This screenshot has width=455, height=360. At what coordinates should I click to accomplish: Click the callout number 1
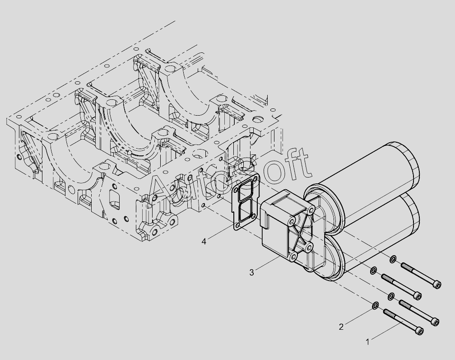click(367, 342)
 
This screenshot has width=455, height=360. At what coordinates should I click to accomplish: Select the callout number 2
click(341, 327)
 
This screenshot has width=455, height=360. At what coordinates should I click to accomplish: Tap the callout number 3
click(251, 273)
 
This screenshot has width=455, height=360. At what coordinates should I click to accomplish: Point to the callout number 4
click(204, 241)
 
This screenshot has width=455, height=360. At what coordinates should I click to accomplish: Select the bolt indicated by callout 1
click(404, 322)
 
